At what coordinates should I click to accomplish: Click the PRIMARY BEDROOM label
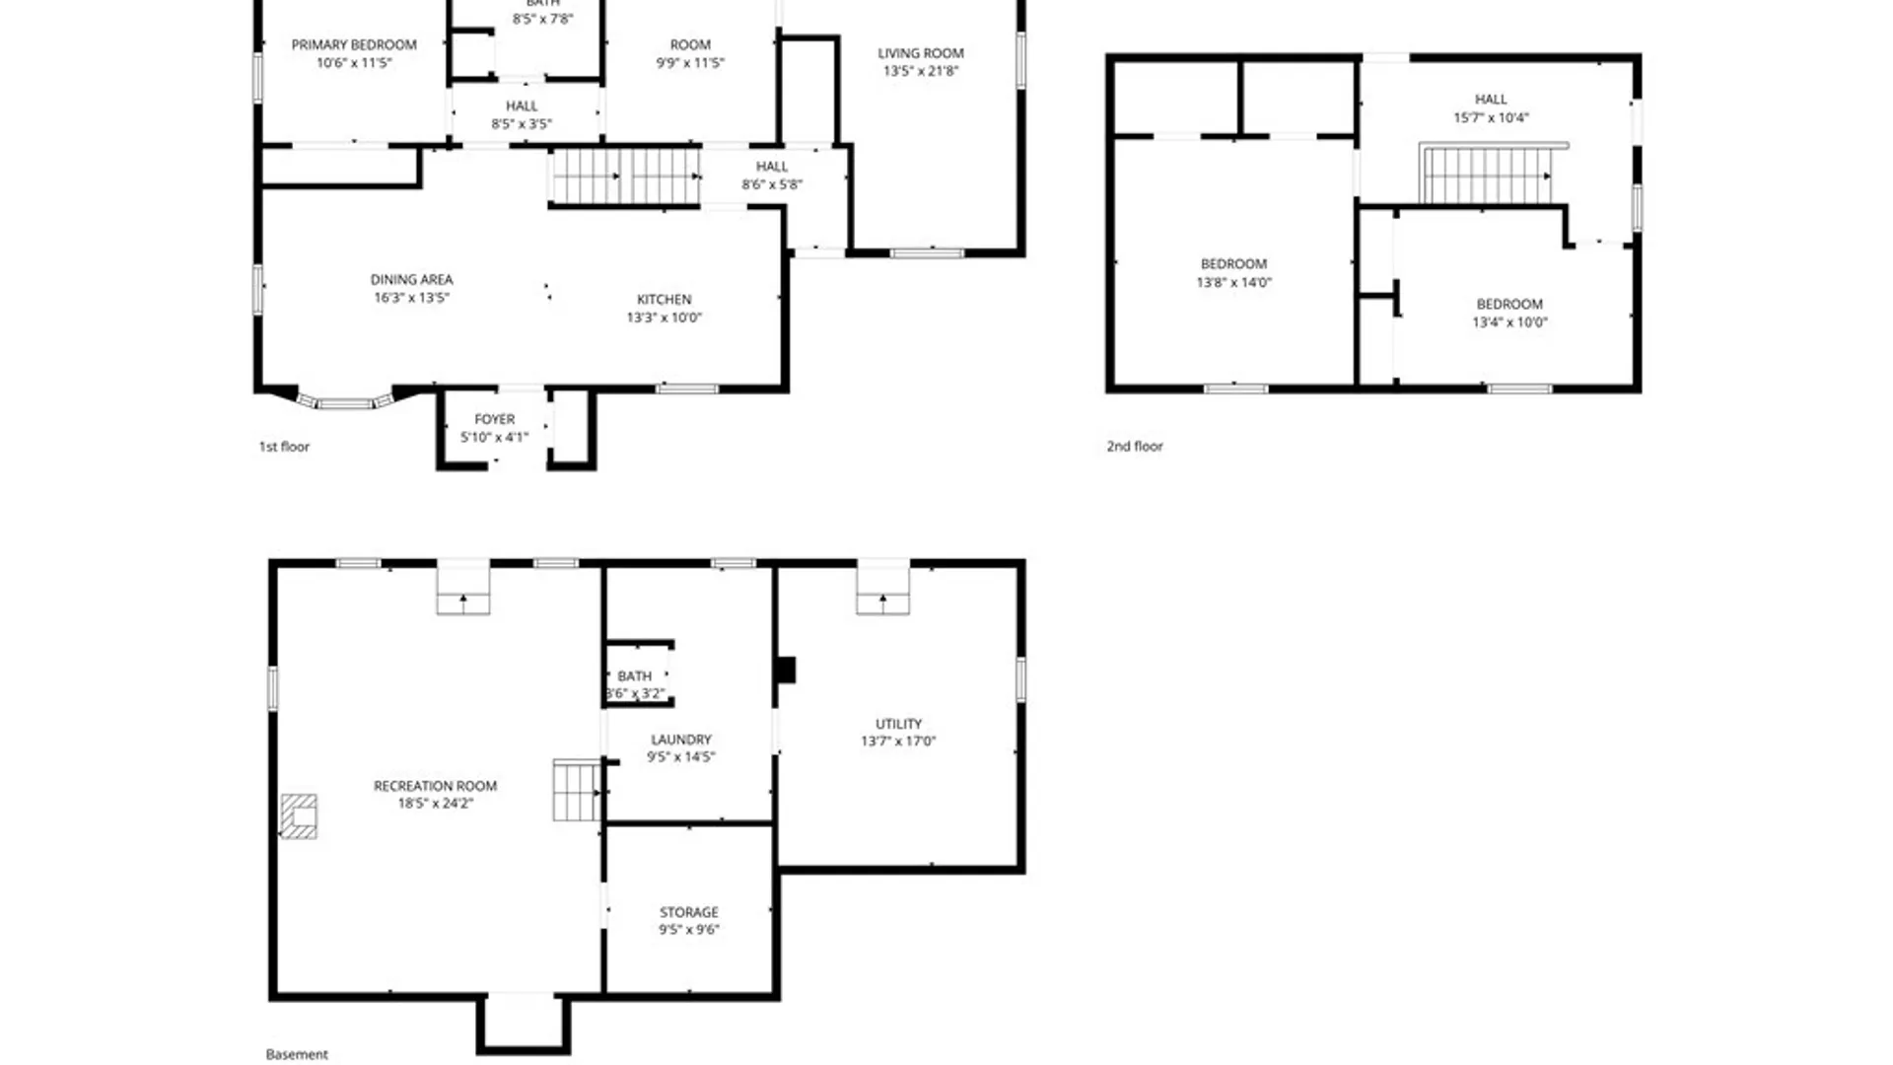(354, 45)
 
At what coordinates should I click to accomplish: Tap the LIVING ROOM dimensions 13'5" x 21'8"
(920, 71)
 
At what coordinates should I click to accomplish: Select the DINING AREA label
(411, 280)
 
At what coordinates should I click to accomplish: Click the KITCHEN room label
(664, 300)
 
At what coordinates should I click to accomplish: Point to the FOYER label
(494, 420)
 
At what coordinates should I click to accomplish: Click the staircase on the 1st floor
(625, 177)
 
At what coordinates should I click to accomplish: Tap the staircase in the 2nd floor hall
(1488, 176)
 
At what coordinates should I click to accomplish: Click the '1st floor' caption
(284, 447)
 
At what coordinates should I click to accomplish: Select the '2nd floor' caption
(1135, 447)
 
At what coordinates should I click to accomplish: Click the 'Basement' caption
(297, 1054)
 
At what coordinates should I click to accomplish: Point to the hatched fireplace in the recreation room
(299, 816)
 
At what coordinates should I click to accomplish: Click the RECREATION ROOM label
(435, 786)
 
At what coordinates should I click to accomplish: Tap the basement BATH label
(634, 676)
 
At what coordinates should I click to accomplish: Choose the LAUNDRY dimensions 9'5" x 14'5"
(680, 757)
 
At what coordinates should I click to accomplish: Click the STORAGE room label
(688, 912)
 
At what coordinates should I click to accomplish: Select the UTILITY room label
(898, 724)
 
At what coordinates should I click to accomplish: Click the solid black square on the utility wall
(785, 671)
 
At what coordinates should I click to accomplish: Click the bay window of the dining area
(344, 402)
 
